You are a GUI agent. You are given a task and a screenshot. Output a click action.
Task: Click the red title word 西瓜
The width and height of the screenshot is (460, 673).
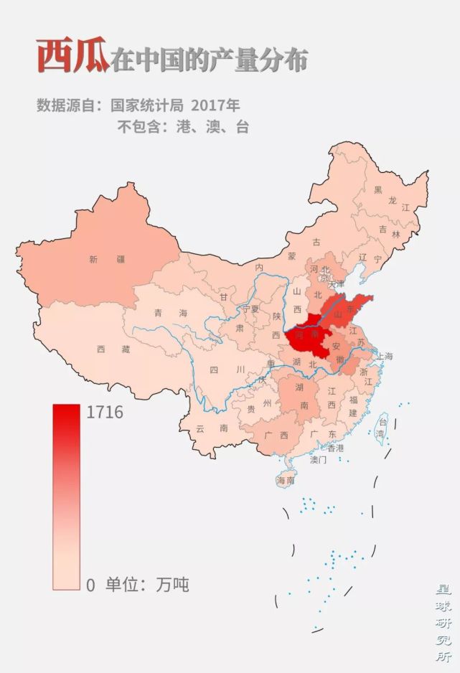72,57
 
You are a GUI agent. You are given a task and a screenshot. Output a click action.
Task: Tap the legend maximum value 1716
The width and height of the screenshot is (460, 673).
104,413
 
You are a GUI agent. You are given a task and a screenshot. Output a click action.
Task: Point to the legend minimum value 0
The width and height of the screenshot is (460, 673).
90,585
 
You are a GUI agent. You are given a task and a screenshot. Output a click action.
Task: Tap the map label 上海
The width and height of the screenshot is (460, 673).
384,357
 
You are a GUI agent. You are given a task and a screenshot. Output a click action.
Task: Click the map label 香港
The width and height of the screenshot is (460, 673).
335,448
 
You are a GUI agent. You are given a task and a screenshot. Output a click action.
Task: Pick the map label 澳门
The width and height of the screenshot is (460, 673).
318,460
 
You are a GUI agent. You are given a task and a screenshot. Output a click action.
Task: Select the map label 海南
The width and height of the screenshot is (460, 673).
286,481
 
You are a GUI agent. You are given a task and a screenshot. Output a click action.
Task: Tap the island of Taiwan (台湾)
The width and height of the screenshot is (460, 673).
380,428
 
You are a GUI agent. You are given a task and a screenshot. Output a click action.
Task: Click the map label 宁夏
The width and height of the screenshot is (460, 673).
250,309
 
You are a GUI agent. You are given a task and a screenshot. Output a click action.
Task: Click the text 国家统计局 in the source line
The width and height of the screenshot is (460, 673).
140,105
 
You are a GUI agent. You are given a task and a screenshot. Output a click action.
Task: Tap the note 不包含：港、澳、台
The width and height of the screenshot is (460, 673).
182,128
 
